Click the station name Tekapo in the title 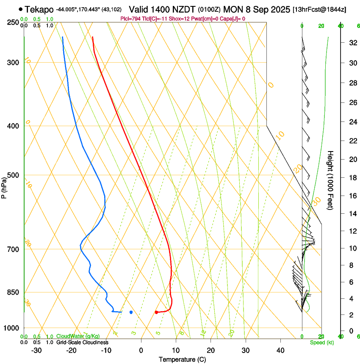tap(39, 9)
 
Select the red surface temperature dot tap(156, 312)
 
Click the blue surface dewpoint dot tap(131, 312)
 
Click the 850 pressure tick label tap(13, 292)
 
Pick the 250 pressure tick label tap(13, 22)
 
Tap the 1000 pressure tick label tap(12, 328)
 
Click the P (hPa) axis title tap(4, 187)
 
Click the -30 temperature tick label tap(36, 350)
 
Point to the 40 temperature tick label tap(280, 350)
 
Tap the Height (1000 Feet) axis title tap(330, 180)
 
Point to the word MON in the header tap(233, 9)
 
